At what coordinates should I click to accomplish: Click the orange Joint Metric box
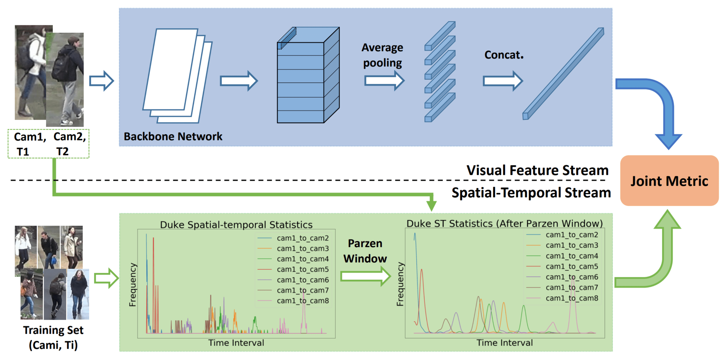tap(669, 181)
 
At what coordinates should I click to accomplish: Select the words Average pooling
tap(382, 55)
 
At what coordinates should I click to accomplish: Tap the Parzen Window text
tap(365, 251)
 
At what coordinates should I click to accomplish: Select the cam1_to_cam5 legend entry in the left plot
tap(302, 269)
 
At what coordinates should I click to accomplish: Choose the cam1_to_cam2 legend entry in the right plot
tap(571, 235)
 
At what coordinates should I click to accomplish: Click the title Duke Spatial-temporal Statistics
tap(236, 225)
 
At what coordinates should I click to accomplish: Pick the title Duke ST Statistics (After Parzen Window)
tap(504, 224)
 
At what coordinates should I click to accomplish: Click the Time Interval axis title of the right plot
tap(504, 343)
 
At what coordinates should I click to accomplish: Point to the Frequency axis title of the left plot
tap(132, 285)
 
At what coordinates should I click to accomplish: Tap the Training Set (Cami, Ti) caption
tap(53, 337)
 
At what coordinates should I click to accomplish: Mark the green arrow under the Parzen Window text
tap(365, 276)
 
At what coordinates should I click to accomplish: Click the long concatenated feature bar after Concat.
tap(563, 74)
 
